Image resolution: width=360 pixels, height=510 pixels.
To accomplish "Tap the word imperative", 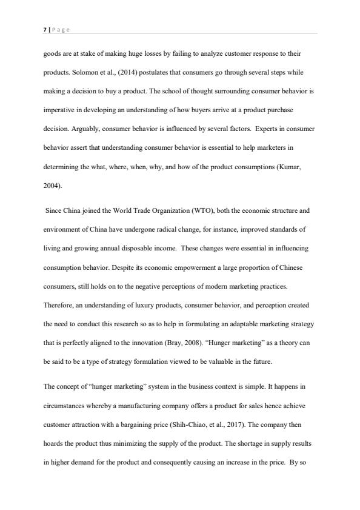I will point(61,110).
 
